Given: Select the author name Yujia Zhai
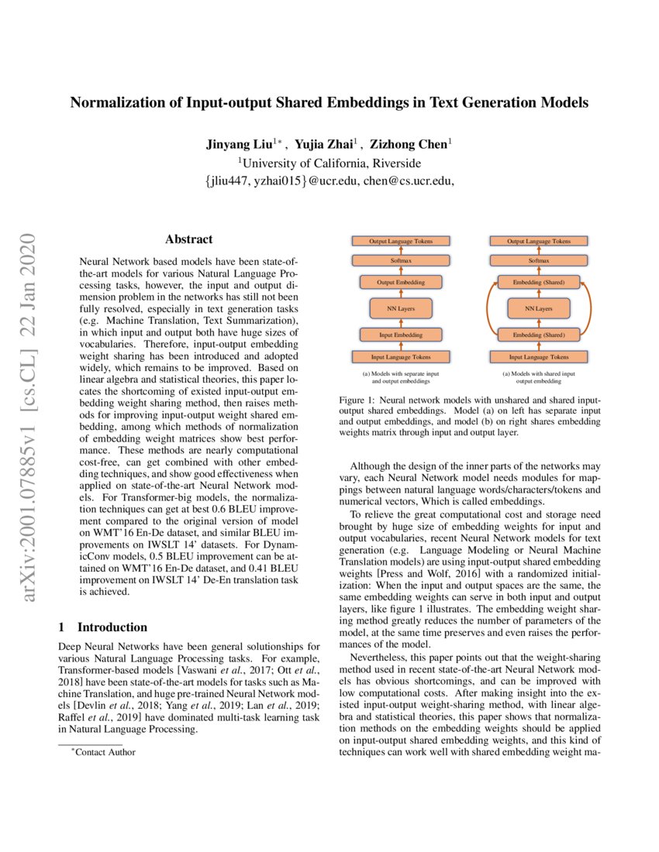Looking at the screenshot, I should click(325, 144).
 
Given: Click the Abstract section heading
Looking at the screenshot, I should click(188, 240).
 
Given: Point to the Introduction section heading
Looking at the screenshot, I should click(112, 627).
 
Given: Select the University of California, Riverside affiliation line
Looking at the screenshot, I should click(330, 163).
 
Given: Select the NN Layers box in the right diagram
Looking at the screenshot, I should click(539, 308).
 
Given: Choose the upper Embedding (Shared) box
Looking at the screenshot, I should click(539, 283).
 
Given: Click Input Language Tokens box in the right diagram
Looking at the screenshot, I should click(539, 357).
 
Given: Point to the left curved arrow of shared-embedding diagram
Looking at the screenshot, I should click(488, 309).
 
